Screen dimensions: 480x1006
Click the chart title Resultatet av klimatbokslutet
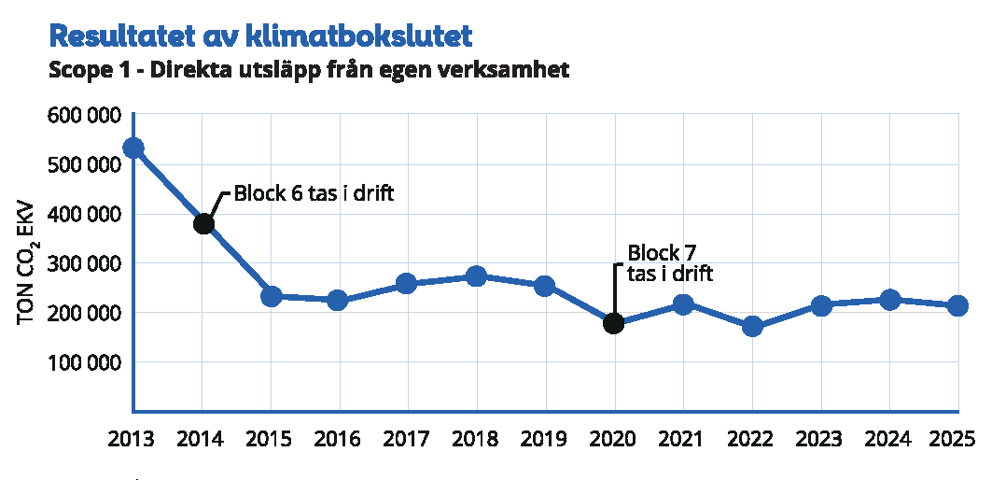(x=260, y=36)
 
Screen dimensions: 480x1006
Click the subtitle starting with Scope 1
(x=308, y=70)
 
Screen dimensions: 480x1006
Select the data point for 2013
(x=133, y=148)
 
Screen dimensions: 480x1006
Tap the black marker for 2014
(x=203, y=224)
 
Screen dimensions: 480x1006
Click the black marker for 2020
(x=613, y=323)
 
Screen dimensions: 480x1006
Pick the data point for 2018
(x=476, y=276)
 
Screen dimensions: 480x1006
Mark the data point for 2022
(x=752, y=327)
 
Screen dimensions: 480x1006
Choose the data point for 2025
(x=957, y=306)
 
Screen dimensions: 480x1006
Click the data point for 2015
(x=271, y=296)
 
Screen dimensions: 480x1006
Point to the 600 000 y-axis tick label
(x=82, y=116)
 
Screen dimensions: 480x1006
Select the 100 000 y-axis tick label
(x=82, y=362)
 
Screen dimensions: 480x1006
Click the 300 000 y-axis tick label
(x=82, y=263)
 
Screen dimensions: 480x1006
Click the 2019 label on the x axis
(x=545, y=439)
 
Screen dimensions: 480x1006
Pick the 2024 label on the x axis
(x=889, y=439)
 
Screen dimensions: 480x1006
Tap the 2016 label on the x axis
(x=339, y=439)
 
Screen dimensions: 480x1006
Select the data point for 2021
(x=683, y=304)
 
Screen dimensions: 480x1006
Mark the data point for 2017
(x=406, y=284)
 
